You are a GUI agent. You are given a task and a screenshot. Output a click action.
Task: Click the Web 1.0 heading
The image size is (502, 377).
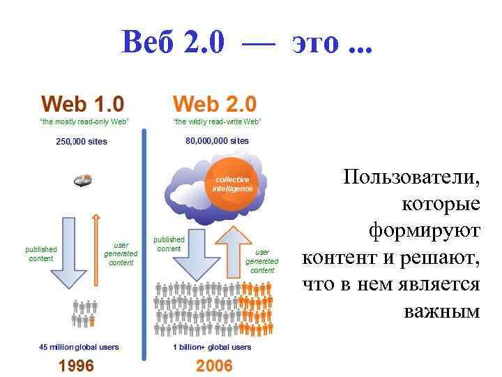click(x=82, y=105)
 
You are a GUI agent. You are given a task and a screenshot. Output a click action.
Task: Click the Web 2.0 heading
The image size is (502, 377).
click(x=215, y=105)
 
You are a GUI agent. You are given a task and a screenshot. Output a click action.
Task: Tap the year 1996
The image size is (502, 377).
click(x=77, y=365)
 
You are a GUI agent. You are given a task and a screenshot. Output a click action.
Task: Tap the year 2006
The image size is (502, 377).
click(x=214, y=365)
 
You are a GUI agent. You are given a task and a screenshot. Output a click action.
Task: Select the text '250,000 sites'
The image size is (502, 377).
click(x=82, y=142)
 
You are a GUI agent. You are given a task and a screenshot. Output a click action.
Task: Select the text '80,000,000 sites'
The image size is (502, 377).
click(x=217, y=141)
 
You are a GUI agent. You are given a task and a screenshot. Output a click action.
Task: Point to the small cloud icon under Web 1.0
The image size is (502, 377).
click(x=82, y=180)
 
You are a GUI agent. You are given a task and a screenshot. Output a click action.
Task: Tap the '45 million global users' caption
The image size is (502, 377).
click(x=79, y=347)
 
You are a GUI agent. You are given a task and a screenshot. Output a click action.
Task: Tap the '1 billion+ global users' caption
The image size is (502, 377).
click(x=212, y=347)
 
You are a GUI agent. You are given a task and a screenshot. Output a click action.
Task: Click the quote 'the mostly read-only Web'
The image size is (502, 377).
click(x=84, y=121)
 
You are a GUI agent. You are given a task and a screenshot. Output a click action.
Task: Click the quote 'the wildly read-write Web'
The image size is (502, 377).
click(x=216, y=121)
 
